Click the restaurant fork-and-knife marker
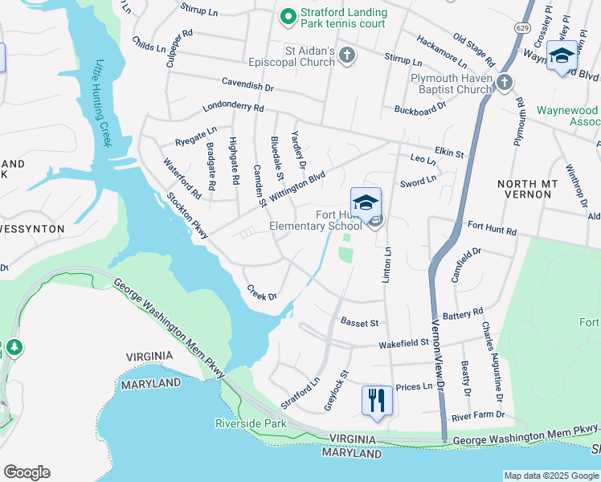click(377, 399)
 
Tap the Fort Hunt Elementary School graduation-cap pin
click(366, 202)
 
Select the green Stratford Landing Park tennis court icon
click(286, 14)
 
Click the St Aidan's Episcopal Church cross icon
click(347, 55)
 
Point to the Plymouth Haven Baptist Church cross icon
click(504, 81)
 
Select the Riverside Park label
click(251, 423)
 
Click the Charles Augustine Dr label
click(491, 362)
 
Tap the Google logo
click(27, 472)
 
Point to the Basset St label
click(359, 323)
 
